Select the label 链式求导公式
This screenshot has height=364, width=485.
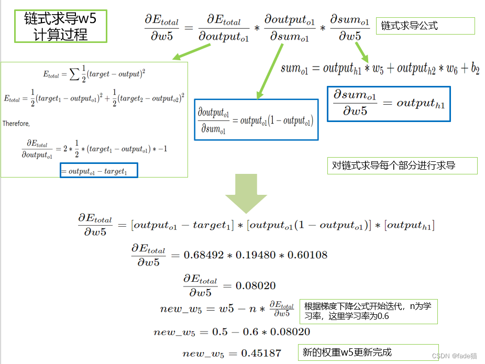[425, 26]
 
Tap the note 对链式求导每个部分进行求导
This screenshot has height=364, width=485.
[402, 166]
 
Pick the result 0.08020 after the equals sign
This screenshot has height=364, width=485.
[256, 286]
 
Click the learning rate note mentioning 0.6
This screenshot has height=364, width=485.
[368, 311]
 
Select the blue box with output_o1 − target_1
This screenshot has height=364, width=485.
[99, 171]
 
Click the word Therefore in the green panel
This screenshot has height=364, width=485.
[16, 124]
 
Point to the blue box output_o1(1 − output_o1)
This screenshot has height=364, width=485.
[256, 120]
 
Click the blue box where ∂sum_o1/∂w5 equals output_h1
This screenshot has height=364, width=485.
[388, 104]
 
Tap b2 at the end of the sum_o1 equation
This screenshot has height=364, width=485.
[475, 69]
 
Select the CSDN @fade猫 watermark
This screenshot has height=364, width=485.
[454, 356]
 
